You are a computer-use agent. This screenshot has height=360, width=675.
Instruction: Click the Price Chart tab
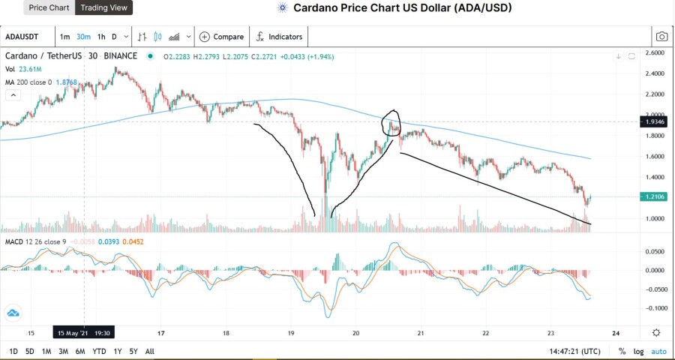(x=49, y=7)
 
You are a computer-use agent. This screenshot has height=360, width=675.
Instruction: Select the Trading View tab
(x=103, y=7)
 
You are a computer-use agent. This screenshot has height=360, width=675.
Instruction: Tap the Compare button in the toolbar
(x=222, y=37)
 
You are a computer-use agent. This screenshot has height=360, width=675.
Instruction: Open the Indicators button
(x=280, y=37)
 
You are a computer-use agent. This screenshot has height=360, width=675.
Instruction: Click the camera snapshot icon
(x=661, y=37)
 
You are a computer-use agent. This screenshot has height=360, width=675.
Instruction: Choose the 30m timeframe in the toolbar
(x=83, y=37)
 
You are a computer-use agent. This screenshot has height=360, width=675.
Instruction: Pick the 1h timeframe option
(x=101, y=37)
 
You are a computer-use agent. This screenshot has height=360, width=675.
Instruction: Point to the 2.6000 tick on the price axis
(x=656, y=53)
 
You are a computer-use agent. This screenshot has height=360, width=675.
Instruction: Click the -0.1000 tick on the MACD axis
(x=655, y=308)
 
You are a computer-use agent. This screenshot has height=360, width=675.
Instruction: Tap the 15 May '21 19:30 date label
(x=84, y=333)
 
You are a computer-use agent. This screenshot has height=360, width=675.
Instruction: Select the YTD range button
(x=99, y=352)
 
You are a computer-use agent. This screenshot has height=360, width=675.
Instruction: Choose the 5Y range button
(x=133, y=352)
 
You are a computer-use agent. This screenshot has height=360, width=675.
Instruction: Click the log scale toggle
(x=638, y=352)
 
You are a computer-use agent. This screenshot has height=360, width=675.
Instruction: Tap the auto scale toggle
(x=658, y=352)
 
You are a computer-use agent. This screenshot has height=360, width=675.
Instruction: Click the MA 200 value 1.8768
(x=66, y=82)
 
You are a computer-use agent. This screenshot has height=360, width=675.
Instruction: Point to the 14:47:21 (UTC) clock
(x=574, y=352)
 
